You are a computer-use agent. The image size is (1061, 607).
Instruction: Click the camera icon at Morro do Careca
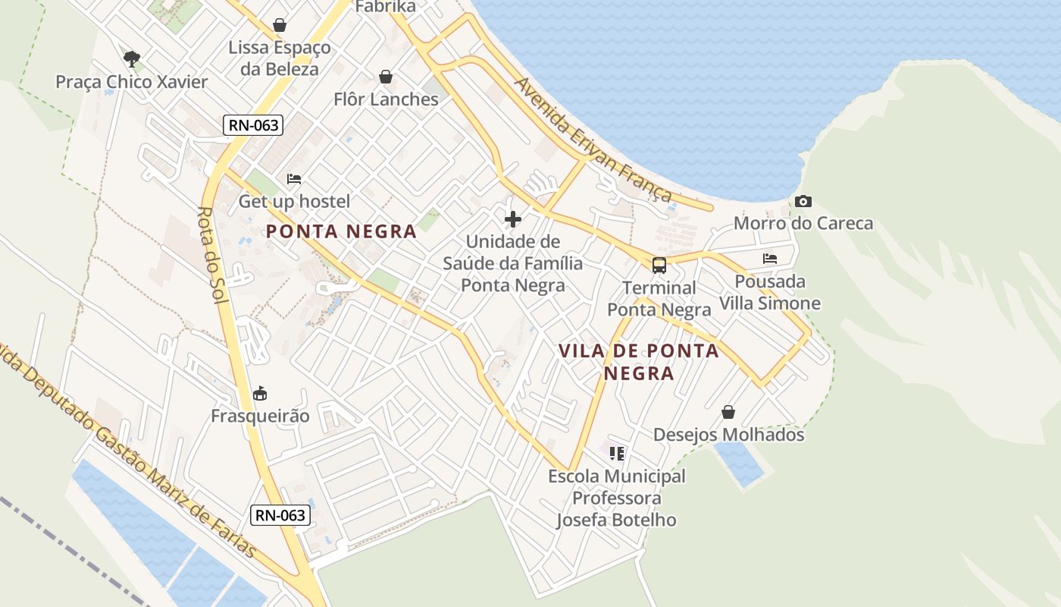point(803,202)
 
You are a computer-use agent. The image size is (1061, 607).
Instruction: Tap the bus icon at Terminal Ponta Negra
point(659,266)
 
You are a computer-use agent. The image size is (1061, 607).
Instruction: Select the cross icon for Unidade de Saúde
point(513,219)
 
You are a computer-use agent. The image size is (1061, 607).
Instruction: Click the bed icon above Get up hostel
point(294,179)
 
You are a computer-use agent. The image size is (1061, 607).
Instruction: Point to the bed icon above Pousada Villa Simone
point(770,259)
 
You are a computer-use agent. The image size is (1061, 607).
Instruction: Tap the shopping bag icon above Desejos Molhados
point(728,412)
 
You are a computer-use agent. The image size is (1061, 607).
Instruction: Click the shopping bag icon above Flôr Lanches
point(386,77)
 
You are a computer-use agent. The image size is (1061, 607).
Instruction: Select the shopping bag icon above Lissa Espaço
point(280,25)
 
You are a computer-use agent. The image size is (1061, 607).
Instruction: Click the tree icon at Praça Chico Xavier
point(132,58)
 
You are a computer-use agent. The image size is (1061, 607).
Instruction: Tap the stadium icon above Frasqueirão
point(260,393)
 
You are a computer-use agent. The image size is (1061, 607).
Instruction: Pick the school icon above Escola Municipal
point(617,454)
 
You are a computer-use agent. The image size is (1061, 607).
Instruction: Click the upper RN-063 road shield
point(252,125)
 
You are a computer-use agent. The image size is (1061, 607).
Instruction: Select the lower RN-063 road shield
point(280,515)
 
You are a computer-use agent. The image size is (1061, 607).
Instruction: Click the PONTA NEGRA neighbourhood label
point(341,231)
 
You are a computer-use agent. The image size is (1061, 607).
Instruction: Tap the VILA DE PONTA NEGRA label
point(639,362)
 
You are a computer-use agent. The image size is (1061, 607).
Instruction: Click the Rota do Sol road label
point(213,254)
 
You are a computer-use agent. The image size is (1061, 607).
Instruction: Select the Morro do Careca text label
point(803,224)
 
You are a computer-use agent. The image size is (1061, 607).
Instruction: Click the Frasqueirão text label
point(260,416)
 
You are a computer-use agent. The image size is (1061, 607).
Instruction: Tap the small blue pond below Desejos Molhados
point(738,462)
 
